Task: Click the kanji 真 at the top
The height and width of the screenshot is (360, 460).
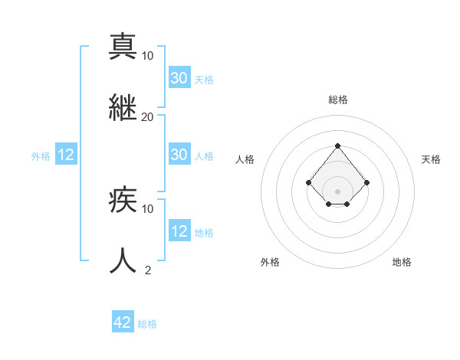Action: pyautogui.click(x=123, y=46)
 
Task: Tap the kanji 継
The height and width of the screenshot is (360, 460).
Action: pyautogui.click(x=123, y=107)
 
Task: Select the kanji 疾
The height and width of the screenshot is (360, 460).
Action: pyautogui.click(x=123, y=200)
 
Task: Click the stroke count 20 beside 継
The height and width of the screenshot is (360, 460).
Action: pyautogui.click(x=148, y=116)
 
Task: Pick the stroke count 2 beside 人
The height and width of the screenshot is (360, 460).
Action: pyautogui.click(x=148, y=270)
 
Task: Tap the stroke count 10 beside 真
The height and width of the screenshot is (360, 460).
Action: pyautogui.click(x=148, y=55)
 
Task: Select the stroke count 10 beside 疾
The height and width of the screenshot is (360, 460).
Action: pyautogui.click(x=148, y=208)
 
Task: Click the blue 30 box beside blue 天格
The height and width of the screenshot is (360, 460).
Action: pyautogui.click(x=179, y=78)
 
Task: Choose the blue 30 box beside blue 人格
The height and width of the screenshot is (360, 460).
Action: pyautogui.click(x=179, y=155)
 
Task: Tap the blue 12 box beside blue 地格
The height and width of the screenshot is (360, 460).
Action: pyautogui.click(x=179, y=231)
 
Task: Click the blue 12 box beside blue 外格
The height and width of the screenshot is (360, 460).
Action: pyautogui.click(x=66, y=155)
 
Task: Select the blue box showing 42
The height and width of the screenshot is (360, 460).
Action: pyautogui.click(x=123, y=322)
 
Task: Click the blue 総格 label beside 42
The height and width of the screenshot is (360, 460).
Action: pyautogui.click(x=147, y=324)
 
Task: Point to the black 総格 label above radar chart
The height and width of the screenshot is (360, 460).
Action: pyautogui.click(x=337, y=100)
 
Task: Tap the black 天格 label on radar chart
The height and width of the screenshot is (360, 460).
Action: pyautogui.click(x=431, y=159)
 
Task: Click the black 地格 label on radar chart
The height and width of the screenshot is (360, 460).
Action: pyautogui.click(x=402, y=262)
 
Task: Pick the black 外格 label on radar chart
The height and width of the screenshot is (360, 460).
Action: pyautogui.click(x=270, y=262)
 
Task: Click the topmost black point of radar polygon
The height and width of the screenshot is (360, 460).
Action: pyautogui.click(x=337, y=146)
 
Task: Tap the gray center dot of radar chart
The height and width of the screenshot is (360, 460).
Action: pyautogui.click(x=337, y=191)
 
